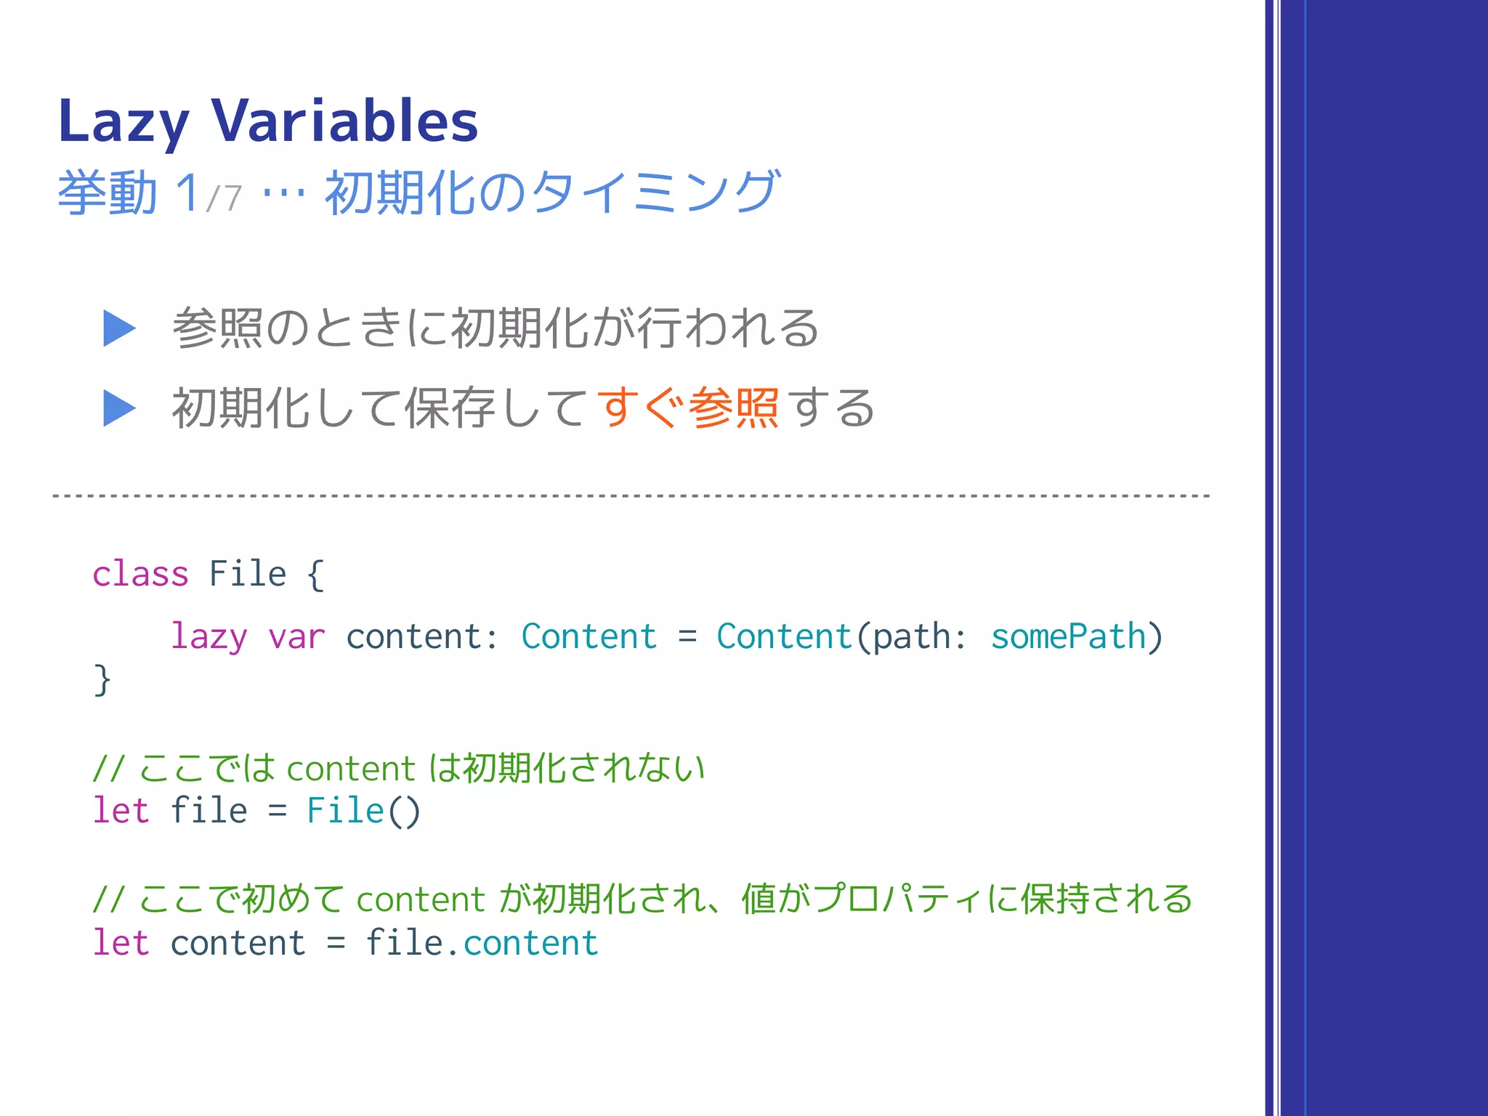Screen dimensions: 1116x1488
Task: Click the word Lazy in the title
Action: click(124, 122)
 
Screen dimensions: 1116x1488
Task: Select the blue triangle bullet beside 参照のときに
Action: click(119, 328)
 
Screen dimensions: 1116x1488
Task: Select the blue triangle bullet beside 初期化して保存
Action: click(119, 408)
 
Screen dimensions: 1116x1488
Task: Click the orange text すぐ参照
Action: click(687, 408)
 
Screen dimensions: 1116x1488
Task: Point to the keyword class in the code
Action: click(140, 574)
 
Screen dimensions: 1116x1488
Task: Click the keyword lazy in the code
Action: click(209, 637)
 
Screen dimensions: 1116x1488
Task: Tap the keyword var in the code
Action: click(296, 637)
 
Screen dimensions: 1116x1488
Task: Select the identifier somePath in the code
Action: click(1068, 636)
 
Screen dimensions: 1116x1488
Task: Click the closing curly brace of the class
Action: click(102, 680)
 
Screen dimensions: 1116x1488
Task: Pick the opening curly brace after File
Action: click(315, 575)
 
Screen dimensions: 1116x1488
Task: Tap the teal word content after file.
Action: click(531, 943)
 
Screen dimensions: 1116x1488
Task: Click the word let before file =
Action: click(121, 811)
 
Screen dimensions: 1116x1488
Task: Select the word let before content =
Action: click(121, 943)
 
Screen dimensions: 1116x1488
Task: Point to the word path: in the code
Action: click(920, 637)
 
